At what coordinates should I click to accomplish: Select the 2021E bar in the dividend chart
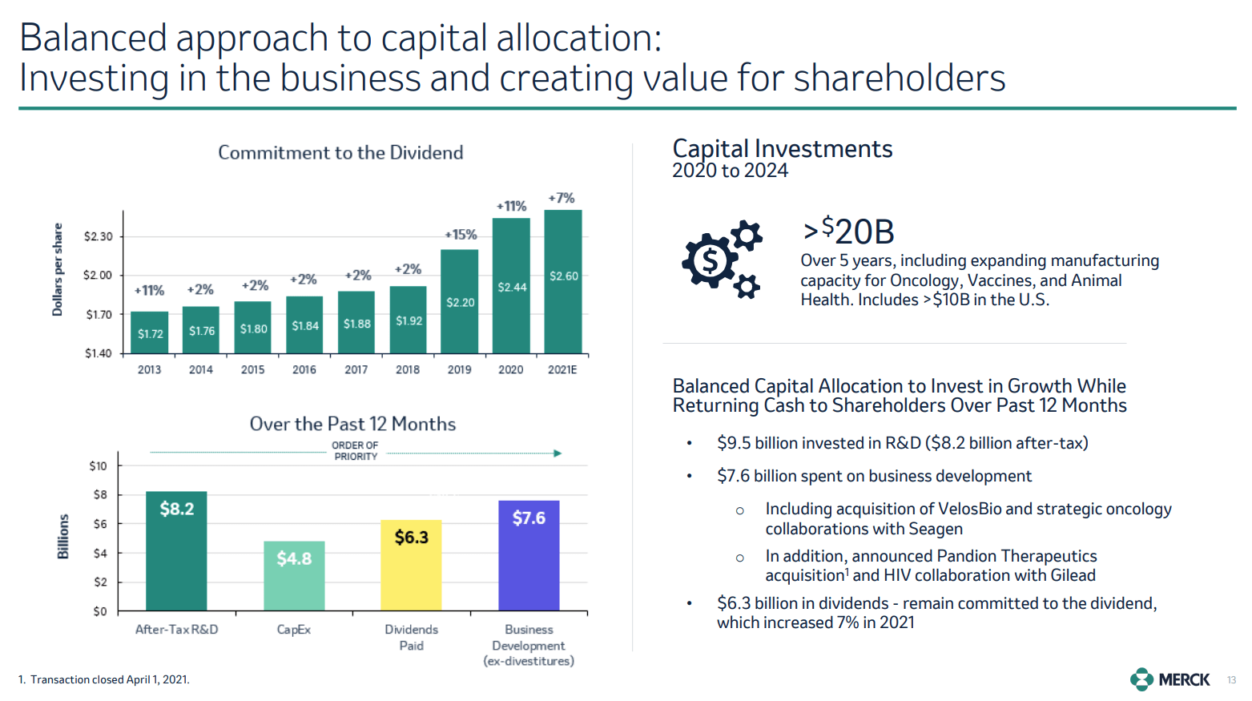point(563,280)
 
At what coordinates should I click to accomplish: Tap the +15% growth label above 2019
point(461,235)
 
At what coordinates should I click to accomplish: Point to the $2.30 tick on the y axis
point(99,236)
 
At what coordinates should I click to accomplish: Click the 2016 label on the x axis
point(304,369)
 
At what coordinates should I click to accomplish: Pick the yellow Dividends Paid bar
point(411,565)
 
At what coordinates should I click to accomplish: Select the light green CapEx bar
point(294,575)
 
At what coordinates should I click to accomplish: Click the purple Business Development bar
point(529,555)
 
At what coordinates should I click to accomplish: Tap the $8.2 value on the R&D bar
point(176,509)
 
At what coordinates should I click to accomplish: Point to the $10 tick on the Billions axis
point(98,465)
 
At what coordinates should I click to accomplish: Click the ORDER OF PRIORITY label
point(355,451)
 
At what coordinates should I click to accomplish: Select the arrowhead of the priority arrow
point(558,453)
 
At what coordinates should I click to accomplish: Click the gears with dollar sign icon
point(721,259)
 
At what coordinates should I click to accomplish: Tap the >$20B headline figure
point(848,232)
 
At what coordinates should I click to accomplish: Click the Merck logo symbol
point(1141,679)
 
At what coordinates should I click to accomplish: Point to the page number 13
point(1231,680)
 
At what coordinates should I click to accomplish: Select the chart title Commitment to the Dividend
point(340,152)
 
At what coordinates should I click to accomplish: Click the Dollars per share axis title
point(58,269)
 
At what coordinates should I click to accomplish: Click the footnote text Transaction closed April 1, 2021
point(110,679)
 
